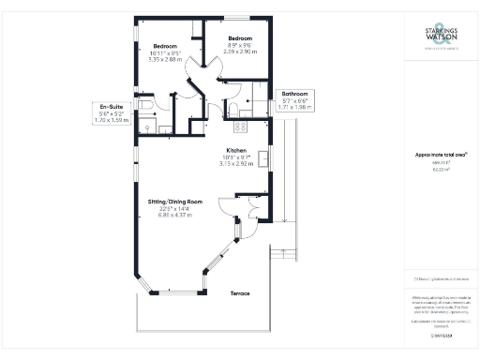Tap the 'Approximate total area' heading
coord(437,154)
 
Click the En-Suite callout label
coord(112,108)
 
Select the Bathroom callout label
coord(296,95)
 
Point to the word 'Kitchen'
coord(234,150)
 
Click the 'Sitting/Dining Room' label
coord(175,202)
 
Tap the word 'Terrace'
coord(242,293)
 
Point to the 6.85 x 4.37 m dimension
coord(175,215)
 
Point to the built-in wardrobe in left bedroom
coord(191,28)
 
